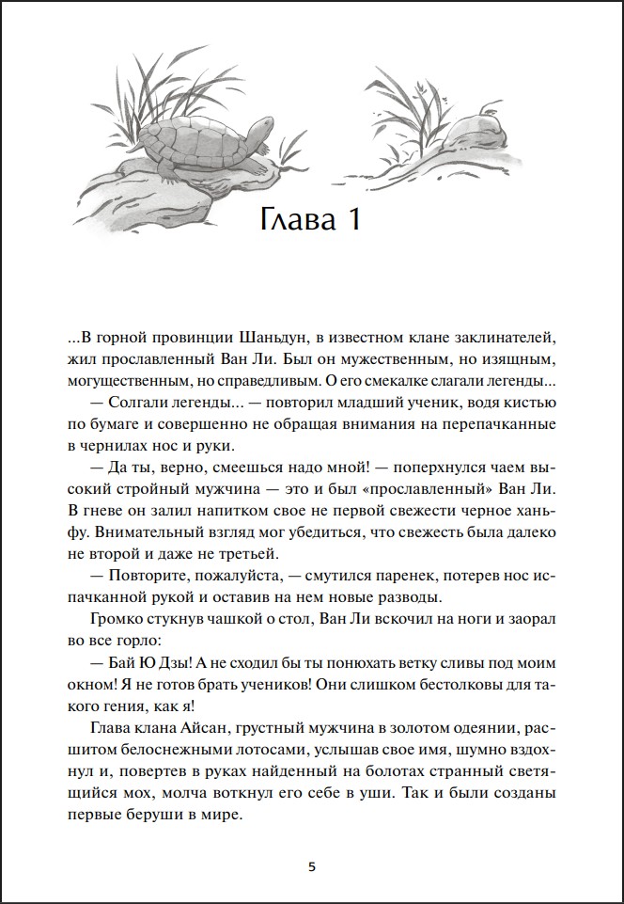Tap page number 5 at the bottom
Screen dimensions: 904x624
pos(312,866)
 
